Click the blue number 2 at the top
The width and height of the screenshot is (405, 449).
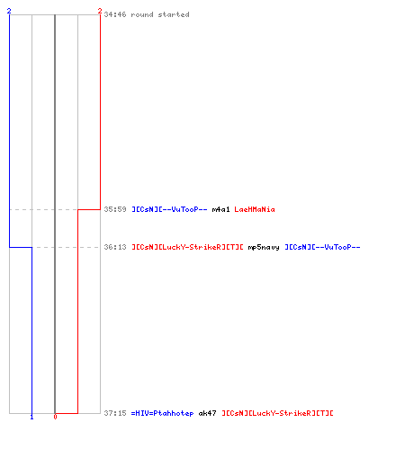click(x=9, y=11)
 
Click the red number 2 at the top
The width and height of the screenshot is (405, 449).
click(x=100, y=11)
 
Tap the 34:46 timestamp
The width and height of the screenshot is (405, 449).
click(x=115, y=14)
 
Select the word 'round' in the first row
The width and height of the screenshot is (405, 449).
click(x=142, y=14)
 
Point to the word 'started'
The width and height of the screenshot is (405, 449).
click(x=174, y=14)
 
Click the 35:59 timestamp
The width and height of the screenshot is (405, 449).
click(x=115, y=209)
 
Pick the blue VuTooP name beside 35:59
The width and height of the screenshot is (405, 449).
click(x=169, y=209)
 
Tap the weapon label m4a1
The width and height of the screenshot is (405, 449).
click(x=220, y=209)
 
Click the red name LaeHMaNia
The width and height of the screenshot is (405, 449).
click(x=255, y=209)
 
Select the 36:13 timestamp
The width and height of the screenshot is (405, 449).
click(x=115, y=247)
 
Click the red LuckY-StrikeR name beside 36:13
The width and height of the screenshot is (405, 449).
click(x=187, y=247)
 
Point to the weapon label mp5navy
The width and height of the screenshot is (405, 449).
click(x=264, y=247)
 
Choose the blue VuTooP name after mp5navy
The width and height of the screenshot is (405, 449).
click(x=322, y=247)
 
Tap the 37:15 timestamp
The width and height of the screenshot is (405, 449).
click(x=115, y=413)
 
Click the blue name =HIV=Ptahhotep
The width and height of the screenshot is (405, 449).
click(x=162, y=413)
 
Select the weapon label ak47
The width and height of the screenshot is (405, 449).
click(x=207, y=413)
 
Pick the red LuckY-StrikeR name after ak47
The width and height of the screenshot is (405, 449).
click(x=277, y=413)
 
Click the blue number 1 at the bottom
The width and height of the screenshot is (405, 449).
click(x=31, y=417)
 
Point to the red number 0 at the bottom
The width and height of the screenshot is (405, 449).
click(x=55, y=417)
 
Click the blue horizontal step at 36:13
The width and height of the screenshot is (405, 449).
click(x=21, y=247)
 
